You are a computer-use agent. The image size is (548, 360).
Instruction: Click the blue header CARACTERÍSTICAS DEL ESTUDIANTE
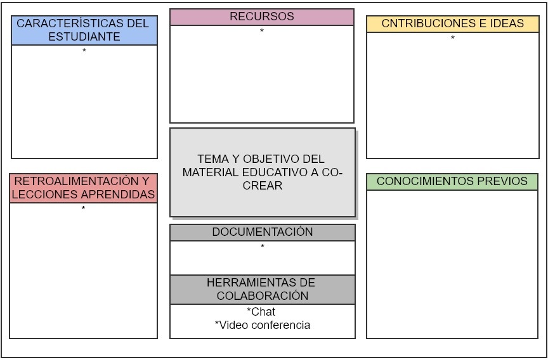tap(84, 30)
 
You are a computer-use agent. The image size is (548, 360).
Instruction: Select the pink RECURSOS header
tap(261, 17)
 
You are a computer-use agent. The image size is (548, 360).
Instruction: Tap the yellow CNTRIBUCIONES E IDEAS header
tap(452, 24)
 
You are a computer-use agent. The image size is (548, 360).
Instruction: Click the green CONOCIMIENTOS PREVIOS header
tap(452, 181)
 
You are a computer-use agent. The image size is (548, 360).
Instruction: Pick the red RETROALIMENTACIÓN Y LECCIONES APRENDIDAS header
tap(83, 188)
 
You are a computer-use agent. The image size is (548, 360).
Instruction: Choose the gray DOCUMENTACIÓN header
tap(262, 232)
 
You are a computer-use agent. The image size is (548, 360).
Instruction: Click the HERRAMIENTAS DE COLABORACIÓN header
tap(262, 289)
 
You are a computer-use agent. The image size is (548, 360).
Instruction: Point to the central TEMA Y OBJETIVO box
tap(262, 172)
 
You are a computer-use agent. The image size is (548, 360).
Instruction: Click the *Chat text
tap(261, 312)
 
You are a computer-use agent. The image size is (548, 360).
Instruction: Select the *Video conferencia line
tap(263, 325)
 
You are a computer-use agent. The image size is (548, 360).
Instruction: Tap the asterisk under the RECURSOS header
tap(262, 32)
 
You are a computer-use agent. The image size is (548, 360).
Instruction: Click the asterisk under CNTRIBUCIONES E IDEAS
tap(452, 39)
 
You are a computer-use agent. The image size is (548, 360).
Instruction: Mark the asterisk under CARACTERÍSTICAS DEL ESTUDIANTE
tap(84, 51)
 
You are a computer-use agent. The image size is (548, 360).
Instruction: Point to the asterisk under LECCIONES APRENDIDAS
tap(83, 209)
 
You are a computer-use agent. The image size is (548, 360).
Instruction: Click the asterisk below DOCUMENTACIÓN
tap(262, 247)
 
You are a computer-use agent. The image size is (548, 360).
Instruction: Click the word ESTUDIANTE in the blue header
tap(84, 37)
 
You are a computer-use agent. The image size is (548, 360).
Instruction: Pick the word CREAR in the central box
tap(262, 186)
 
